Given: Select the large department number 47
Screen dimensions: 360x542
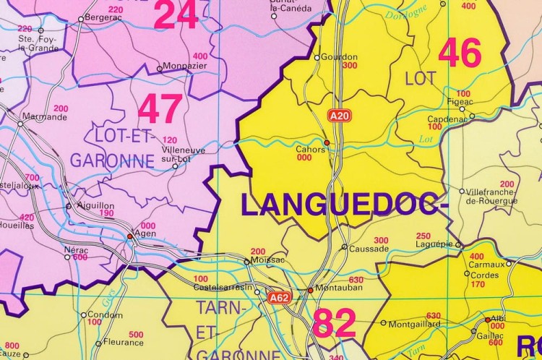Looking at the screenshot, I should (x=160, y=110).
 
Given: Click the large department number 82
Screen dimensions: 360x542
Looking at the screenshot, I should (x=334, y=323).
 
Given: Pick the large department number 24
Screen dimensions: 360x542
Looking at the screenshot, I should (x=176, y=15).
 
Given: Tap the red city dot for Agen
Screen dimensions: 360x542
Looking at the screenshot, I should (x=130, y=236).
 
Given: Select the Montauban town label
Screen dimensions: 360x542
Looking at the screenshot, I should (x=338, y=290).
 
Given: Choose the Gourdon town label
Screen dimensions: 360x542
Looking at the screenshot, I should (x=339, y=57).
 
